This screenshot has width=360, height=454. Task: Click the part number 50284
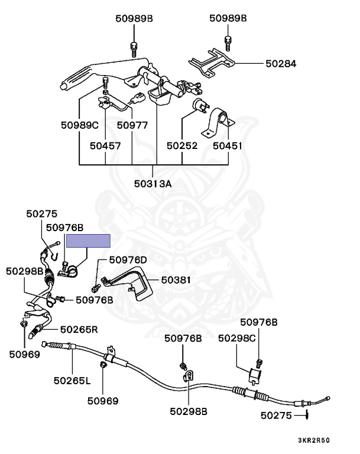pos(281,63)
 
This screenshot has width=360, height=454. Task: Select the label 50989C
pos(80,125)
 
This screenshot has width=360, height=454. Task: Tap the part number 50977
pos(132,125)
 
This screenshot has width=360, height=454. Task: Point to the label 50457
pos(105,144)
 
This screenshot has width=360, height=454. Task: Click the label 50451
pos(228,144)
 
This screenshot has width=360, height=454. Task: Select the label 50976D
pos(127,260)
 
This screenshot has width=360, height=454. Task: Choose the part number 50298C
pos(237,338)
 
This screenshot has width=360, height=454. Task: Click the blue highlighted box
pos(88,241)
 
